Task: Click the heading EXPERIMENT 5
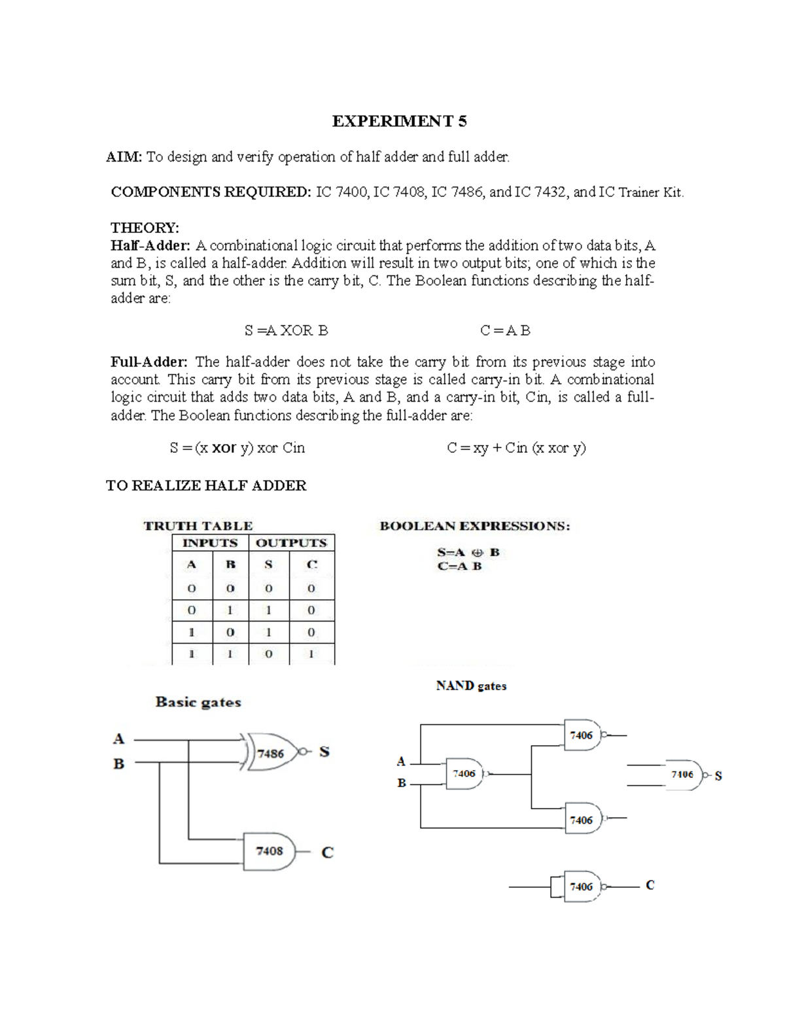tap(399, 121)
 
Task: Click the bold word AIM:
tap(124, 157)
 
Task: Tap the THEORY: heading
tap(145, 228)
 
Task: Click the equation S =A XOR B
tap(286, 330)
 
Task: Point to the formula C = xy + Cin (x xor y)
tap(516, 448)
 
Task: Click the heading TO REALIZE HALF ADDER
tap(206, 485)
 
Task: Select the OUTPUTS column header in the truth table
tap(291, 543)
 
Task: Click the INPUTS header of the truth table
tap(210, 543)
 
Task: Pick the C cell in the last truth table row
tap(311, 654)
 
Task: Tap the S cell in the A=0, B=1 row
tap(268, 610)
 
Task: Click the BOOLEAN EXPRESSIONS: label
tap(474, 526)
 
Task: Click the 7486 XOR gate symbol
tap(270, 753)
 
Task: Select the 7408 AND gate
tap(269, 851)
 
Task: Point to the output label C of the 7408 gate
tap(328, 852)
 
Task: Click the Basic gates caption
tap(198, 702)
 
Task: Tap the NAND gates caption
tap(471, 686)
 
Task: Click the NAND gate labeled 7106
tap(683, 775)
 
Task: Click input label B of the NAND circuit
tap(402, 782)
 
